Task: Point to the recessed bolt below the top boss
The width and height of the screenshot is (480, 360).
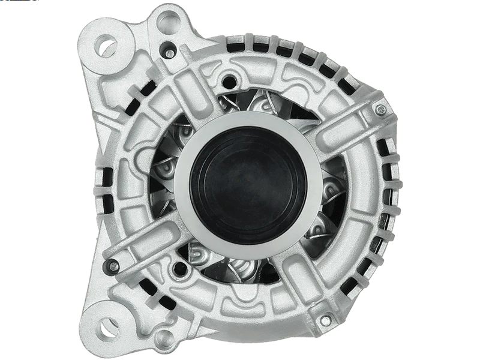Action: (170, 53)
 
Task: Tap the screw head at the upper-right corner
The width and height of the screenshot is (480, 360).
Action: (380, 109)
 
